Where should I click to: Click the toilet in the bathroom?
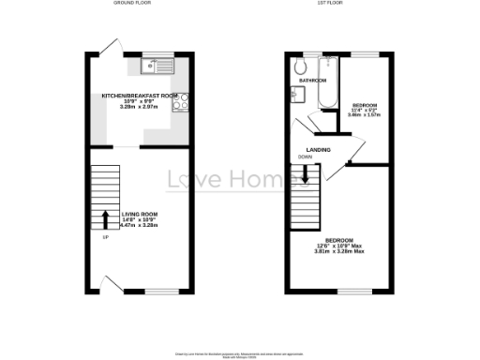pos(301,66)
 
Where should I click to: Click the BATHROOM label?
pos(312,82)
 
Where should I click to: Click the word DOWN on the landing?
pos(306,156)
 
